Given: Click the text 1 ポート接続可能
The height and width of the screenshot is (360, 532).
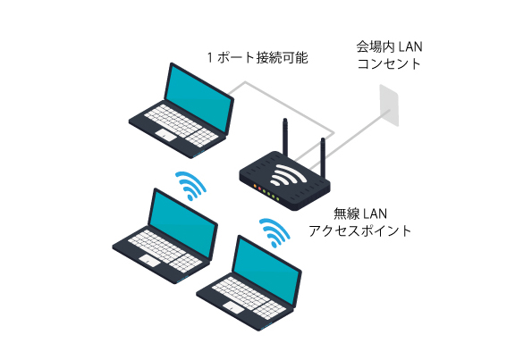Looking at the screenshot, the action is click(x=258, y=58).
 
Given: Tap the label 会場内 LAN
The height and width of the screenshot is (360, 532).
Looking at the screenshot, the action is click(x=389, y=46).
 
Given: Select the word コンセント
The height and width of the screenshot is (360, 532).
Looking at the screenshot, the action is click(x=389, y=63).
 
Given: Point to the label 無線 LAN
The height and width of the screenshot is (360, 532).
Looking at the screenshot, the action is click(x=360, y=213).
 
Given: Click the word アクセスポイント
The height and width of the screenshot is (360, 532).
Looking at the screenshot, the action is click(x=360, y=230).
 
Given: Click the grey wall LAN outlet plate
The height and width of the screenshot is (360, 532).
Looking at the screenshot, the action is click(x=389, y=105).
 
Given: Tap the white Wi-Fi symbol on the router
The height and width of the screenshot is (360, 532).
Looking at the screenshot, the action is click(x=288, y=175).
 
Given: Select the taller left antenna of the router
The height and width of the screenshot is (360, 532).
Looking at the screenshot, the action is click(x=286, y=137).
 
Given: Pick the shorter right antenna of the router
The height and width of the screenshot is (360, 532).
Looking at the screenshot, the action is click(x=324, y=157).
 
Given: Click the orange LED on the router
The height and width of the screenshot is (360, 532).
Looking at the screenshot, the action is click(x=255, y=186).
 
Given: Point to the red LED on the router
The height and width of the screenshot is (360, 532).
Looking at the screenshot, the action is click(x=259, y=188).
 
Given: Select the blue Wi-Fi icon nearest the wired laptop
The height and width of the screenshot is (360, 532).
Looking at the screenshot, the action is click(x=190, y=186).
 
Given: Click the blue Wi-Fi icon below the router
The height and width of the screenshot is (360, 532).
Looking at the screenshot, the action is click(x=274, y=232).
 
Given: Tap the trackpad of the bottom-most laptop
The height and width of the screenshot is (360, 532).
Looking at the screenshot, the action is click(x=234, y=307).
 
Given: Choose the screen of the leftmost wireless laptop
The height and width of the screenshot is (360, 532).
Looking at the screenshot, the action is click(x=182, y=223).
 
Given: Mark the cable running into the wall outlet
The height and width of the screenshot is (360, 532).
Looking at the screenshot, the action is click(x=342, y=141).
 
